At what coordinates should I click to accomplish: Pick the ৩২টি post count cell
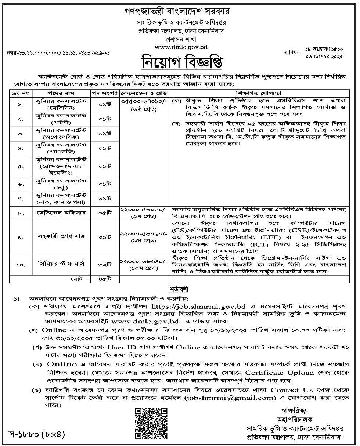tap(105, 263)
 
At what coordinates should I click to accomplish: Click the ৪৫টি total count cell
tap(105, 280)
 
